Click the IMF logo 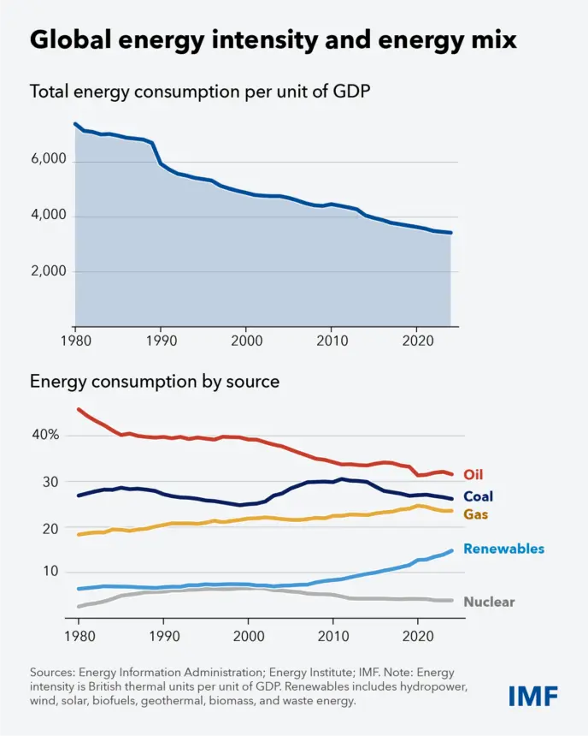point(533,696)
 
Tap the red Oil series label point(473,475)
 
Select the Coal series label point(479,496)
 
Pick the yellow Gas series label point(475,514)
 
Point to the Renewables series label point(503,549)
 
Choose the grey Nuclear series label point(489,602)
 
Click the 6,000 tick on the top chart point(49,159)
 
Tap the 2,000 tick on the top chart point(49,270)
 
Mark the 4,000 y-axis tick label point(49,215)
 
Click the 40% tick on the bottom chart point(45,435)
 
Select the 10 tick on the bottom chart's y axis point(50,571)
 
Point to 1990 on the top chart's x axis point(162,341)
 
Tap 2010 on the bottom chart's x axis point(333,636)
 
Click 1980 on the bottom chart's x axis point(79,636)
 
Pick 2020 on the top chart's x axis point(418,341)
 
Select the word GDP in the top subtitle point(351,91)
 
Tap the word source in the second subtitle point(253,382)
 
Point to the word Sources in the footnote point(52,673)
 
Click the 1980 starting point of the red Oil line point(79,409)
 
